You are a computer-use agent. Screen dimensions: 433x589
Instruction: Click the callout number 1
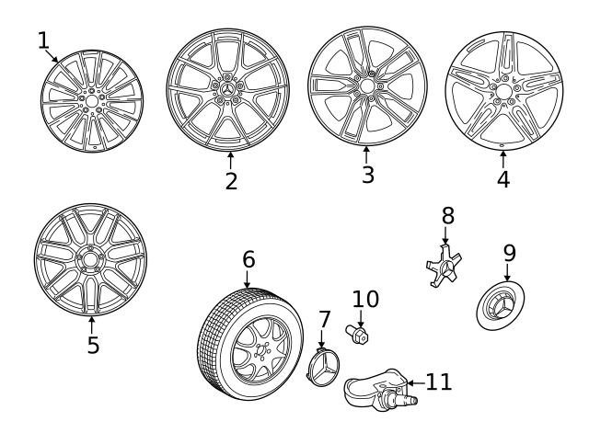[x=43, y=40]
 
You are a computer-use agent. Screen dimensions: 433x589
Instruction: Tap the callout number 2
[x=231, y=181]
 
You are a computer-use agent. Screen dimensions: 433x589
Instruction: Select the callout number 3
[x=367, y=175]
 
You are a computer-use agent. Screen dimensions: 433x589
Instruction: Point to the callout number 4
[x=502, y=179]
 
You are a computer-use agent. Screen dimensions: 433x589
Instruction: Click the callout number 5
[x=92, y=345]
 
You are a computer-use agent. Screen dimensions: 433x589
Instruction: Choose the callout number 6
[x=248, y=259]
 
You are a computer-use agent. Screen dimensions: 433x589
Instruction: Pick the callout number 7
[x=324, y=320]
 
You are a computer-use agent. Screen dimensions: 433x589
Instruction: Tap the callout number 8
[x=447, y=216]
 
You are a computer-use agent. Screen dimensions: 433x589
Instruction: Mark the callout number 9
[x=509, y=253]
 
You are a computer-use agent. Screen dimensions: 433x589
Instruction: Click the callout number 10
[x=365, y=299]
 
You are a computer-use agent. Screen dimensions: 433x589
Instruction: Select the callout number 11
[x=439, y=382]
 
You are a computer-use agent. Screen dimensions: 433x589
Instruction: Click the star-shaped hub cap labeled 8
[x=445, y=268]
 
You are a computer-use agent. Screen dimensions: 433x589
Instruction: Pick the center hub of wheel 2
[x=227, y=89]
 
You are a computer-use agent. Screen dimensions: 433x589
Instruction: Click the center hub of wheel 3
[x=366, y=86]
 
